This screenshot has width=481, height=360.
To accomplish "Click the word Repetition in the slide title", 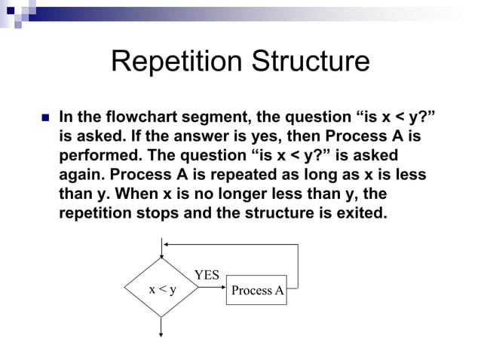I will point(174,62).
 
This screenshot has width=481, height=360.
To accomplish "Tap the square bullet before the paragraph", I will point(42,119).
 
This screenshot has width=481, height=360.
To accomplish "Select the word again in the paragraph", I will point(80,174).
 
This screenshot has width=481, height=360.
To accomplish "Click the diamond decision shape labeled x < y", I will point(161,289).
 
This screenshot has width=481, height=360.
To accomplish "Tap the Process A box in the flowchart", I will point(257,290).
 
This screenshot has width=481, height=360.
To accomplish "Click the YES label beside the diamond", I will point(207,275).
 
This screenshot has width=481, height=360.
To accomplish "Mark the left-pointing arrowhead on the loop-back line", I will point(167,245).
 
